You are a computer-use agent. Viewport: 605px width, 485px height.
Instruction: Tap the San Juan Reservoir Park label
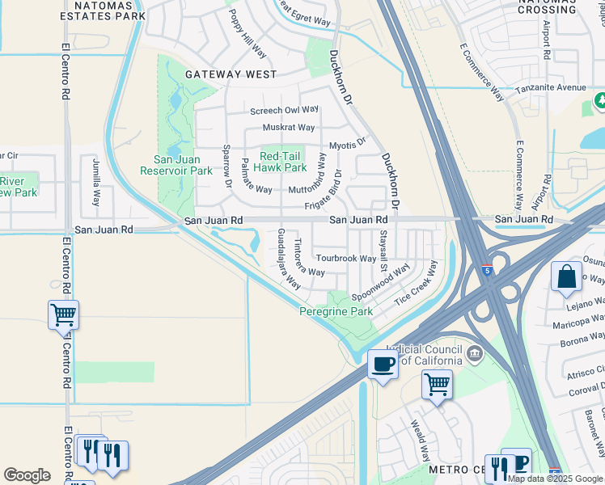[176, 165]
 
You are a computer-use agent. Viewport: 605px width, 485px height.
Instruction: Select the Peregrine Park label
[336, 311]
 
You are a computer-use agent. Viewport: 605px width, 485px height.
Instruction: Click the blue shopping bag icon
[566, 276]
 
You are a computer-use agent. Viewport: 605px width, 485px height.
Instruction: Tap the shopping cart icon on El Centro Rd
[63, 314]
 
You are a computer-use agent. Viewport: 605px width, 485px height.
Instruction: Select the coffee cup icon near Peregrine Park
[383, 364]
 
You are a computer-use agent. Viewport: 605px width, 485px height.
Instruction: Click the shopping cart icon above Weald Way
[437, 384]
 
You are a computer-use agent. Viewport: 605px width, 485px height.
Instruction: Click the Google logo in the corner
[27, 475]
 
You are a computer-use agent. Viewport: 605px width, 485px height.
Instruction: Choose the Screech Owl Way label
[285, 110]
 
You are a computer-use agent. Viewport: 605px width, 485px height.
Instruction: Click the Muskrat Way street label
[289, 128]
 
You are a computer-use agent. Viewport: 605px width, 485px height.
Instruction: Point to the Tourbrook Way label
[346, 259]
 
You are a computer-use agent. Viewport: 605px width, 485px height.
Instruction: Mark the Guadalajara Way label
[289, 259]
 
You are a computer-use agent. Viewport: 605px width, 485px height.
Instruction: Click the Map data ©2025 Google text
[555, 479]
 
